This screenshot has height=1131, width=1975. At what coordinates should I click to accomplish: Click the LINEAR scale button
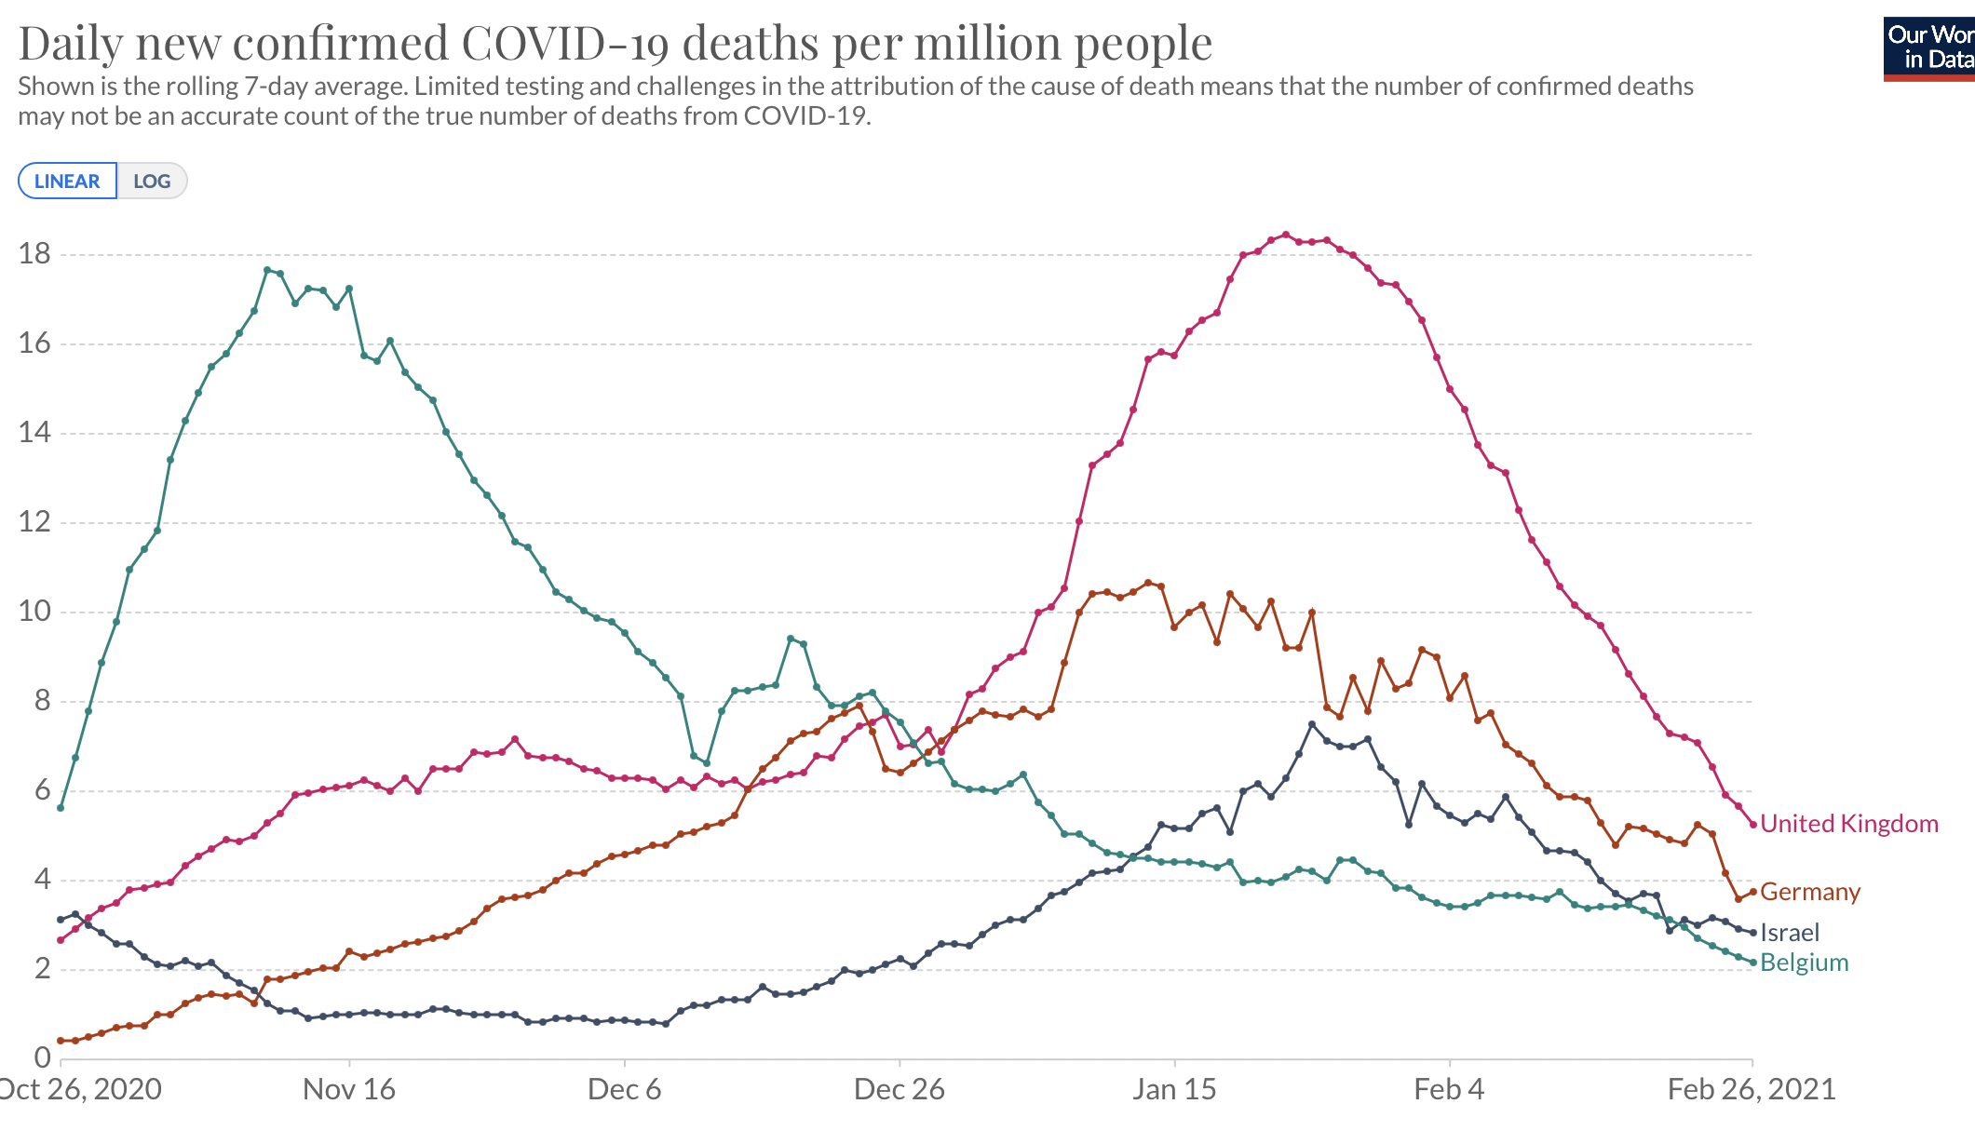(x=67, y=181)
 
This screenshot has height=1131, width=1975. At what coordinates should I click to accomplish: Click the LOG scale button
(x=152, y=181)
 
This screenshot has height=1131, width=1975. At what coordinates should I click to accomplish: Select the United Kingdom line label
(x=1849, y=824)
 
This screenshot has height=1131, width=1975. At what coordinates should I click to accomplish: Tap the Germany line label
(x=1810, y=892)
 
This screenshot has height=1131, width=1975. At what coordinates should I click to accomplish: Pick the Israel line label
(x=1790, y=933)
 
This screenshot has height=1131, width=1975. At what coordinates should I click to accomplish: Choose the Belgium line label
(x=1805, y=963)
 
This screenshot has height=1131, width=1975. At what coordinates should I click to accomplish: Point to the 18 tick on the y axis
(x=35, y=253)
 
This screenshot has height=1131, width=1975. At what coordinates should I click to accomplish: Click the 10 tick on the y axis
(x=35, y=612)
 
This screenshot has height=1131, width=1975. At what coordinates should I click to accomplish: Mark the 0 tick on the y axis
(x=43, y=1057)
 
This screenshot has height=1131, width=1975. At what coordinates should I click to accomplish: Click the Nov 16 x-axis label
(x=349, y=1089)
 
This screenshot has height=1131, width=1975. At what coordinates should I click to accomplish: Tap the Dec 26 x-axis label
(x=900, y=1089)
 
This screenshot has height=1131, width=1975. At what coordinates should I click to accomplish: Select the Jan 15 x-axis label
(x=1174, y=1089)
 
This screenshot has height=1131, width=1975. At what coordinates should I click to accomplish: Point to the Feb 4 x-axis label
(x=1449, y=1089)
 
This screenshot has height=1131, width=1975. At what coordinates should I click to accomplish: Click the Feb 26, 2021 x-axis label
(x=1752, y=1089)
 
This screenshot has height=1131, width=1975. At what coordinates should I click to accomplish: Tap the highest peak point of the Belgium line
(x=267, y=270)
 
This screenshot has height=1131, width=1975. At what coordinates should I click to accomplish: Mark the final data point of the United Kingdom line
(x=1753, y=825)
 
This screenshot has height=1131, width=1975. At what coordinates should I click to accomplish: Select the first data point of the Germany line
(x=61, y=1041)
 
